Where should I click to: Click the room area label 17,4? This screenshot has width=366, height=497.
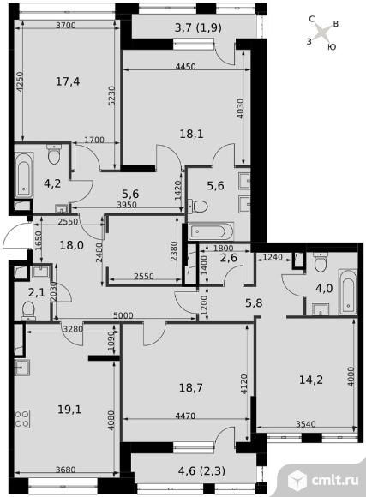[68, 81]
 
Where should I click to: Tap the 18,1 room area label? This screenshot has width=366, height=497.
[191, 134]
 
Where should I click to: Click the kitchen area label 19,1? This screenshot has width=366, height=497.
[69, 410]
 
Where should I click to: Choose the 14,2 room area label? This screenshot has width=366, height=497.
[311, 380]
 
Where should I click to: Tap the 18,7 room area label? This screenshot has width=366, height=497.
[191, 387]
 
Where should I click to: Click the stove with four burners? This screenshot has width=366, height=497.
[22, 419]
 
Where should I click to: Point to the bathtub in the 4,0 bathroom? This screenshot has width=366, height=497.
[348, 292]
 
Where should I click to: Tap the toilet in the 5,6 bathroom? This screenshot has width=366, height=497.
[198, 206]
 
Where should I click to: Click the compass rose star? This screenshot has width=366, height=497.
[323, 33]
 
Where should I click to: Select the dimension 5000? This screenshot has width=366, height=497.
[123, 316]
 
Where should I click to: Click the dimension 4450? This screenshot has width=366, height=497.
[185, 67]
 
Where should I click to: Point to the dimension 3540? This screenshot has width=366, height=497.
[305, 424]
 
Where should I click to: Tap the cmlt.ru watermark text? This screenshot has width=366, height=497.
[335, 480]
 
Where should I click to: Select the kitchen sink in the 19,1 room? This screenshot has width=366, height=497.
[22, 368]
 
